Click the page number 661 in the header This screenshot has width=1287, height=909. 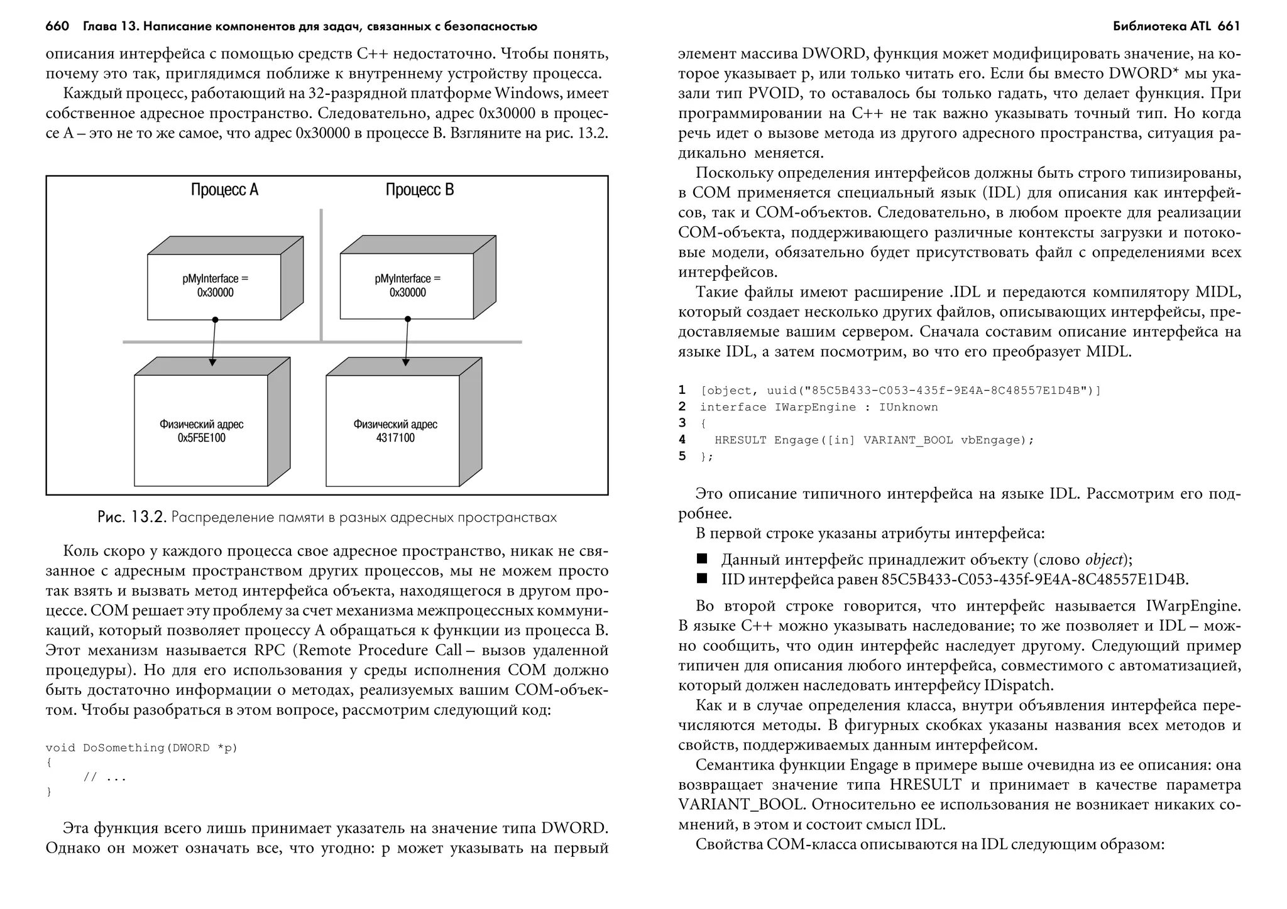(x=1229, y=26)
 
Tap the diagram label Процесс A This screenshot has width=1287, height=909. (x=224, y=190)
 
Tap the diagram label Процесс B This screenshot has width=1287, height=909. (x=419, y=190)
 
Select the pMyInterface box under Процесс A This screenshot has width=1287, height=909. (x=215, y=286)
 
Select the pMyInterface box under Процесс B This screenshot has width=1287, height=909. (x=407, y=286)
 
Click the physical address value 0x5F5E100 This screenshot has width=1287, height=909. (x=201, y=438)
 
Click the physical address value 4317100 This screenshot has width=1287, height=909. (x=395, y=438)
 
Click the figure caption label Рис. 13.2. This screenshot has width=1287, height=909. (x=131, y=518)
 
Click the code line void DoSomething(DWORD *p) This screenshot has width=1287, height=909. (x=141, y=748)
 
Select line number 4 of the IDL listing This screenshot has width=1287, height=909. (x=682, y=440)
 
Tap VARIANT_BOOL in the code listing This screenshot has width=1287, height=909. (x=908, y=440)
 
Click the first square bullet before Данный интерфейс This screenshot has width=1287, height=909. (x=702, y=558)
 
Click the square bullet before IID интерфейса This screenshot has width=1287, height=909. (x=702, y=579)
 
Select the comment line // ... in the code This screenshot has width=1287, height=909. (x=105, y=778)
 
